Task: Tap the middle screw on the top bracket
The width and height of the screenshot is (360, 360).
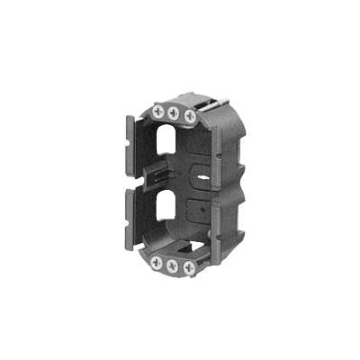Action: coord(174,112)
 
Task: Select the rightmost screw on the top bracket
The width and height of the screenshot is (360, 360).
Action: coord(189,116)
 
